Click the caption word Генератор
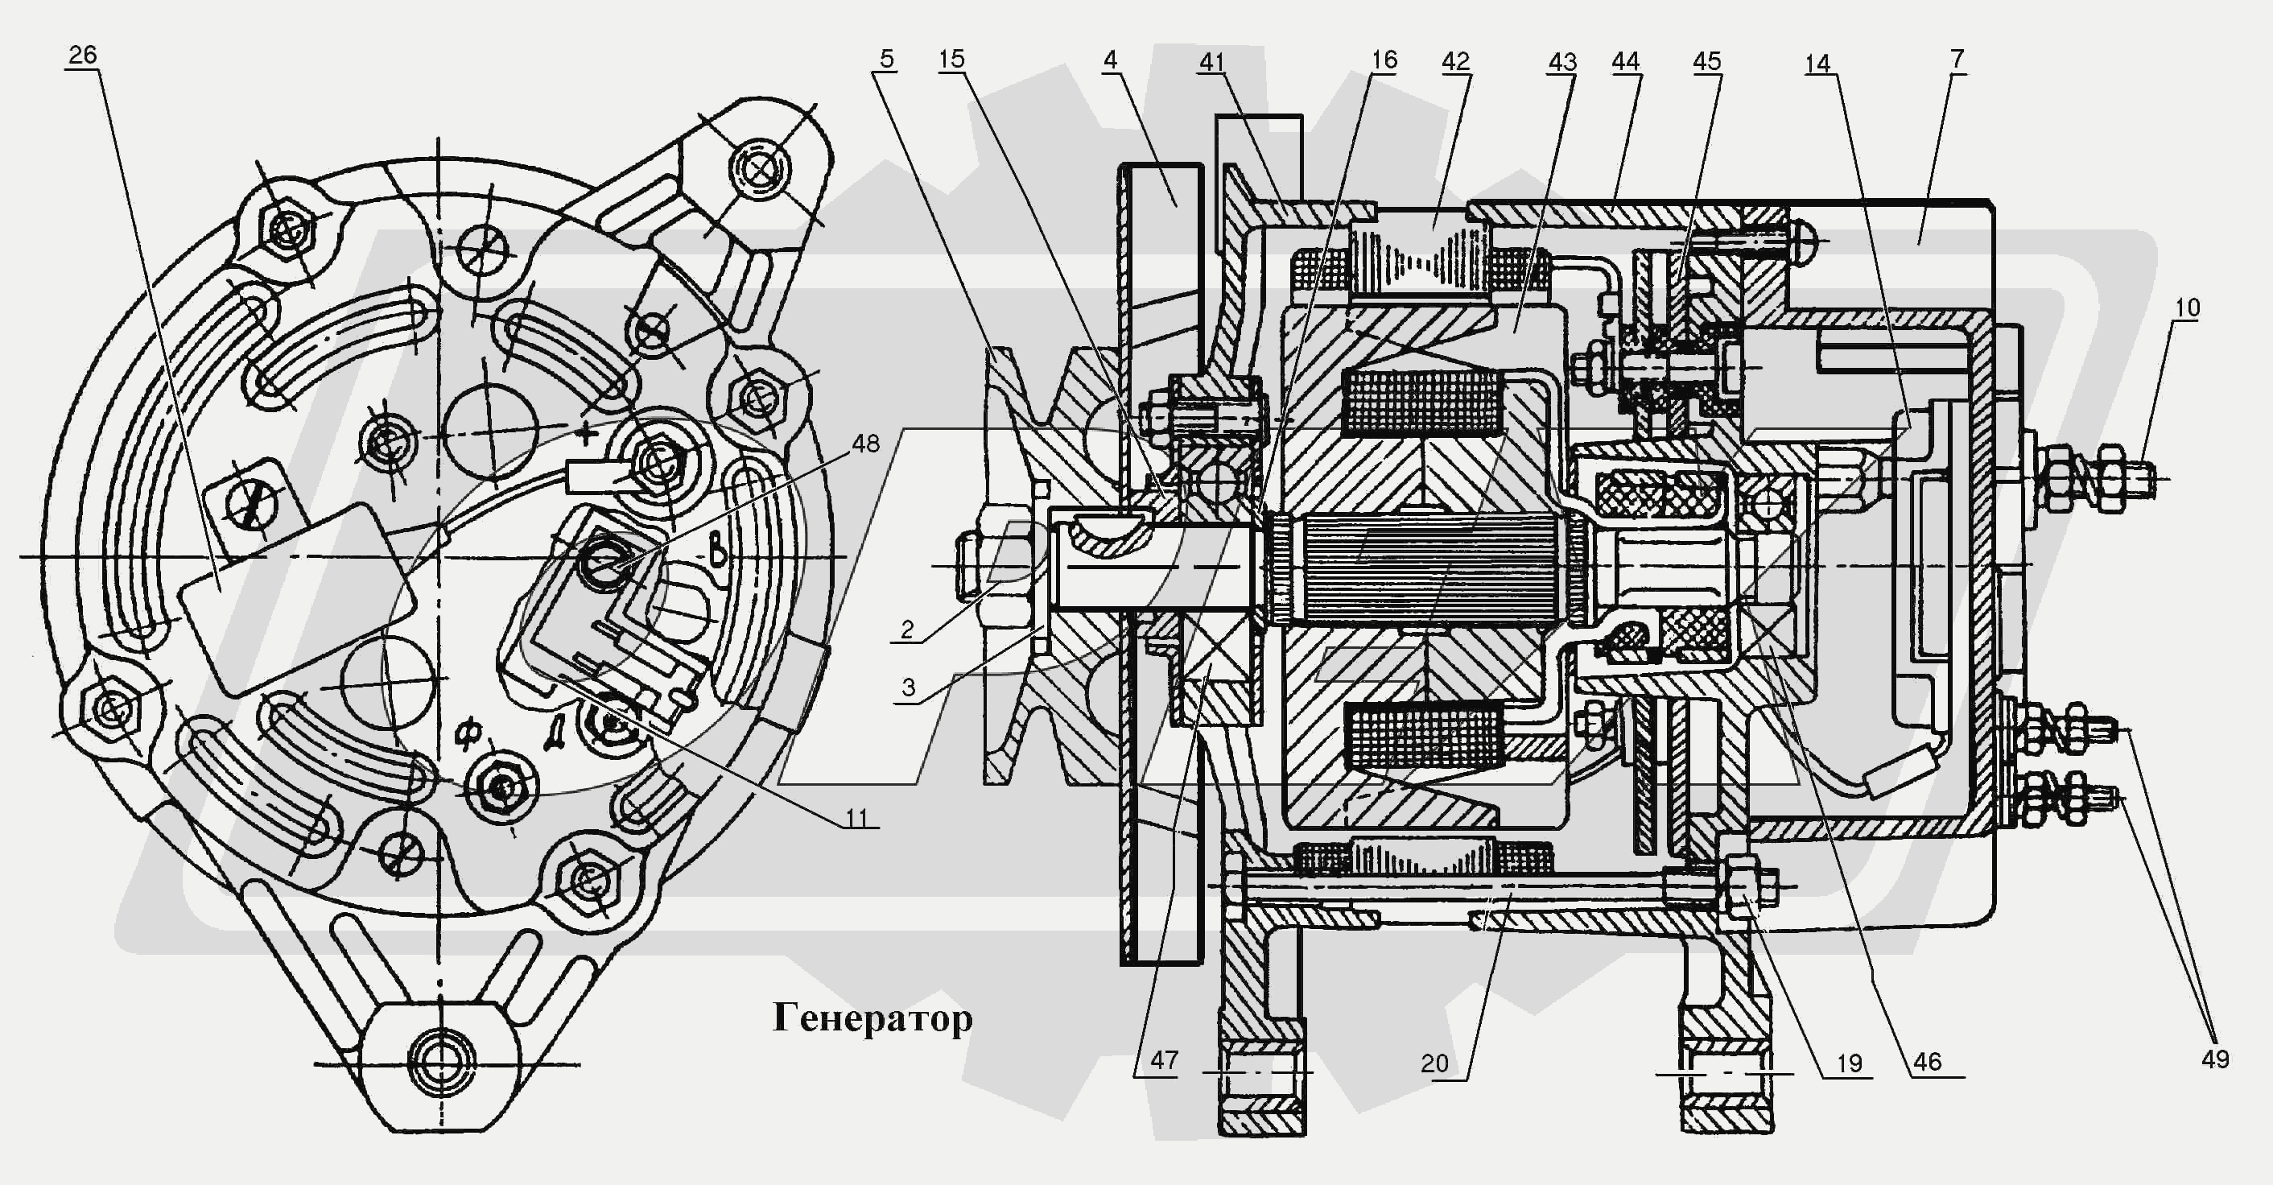pyautogui.click(x=872, y=1018)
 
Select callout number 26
pyautogui.click(x=82, y=55)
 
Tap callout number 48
pyautogui.click(x=864, y=443)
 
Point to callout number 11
pyautogui.click(x=856, y=818)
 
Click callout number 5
pyautogui.click(x=886, y=59)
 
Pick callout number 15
pyautogui.click(x=951, y=59)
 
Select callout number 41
pyautogui.click(x=1211, y=62)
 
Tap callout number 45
pyautogui.click(x=1706, y=61)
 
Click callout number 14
pyautogui.click(x=1817, y=64)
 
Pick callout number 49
pyautogui.click(x=2215, y=1059)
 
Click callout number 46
pyautogui.click(x=1927, y=1062)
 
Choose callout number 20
pyautogui.click(x=1434, y=1063)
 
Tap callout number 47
pyautogui.click(x=1164, y=1059)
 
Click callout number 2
pyautogui.click(x=906, y=629)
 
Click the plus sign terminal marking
pyautogui.click(x=585, y=433)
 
